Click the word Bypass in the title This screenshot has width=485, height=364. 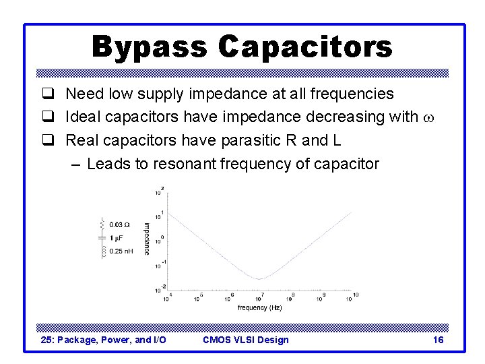pyautogui.click(x=150, y=47)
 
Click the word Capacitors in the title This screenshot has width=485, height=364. pyautogui.click(x=305, y=47)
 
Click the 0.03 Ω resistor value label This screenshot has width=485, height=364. pyautogui.click(x=119, y=224)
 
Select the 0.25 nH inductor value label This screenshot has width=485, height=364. pyautogui.click(x=121, y=251)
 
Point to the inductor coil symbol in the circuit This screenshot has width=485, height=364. pyautogui.click(x=102, y=251)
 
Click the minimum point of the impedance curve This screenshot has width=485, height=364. pyautogui.click(x=260, y=278)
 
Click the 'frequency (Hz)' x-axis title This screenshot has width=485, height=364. pyautogui.click(x=259, y=307)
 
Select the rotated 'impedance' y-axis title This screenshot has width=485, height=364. pyautogui.click(x=147, y=238)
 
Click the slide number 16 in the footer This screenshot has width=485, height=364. pyautogui.click(x=438, y=340)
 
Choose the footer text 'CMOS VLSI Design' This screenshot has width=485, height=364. pyautogui.click(x=245, y=340)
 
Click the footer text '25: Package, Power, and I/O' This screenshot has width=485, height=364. pyautogui.click(x=104, y=340)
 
